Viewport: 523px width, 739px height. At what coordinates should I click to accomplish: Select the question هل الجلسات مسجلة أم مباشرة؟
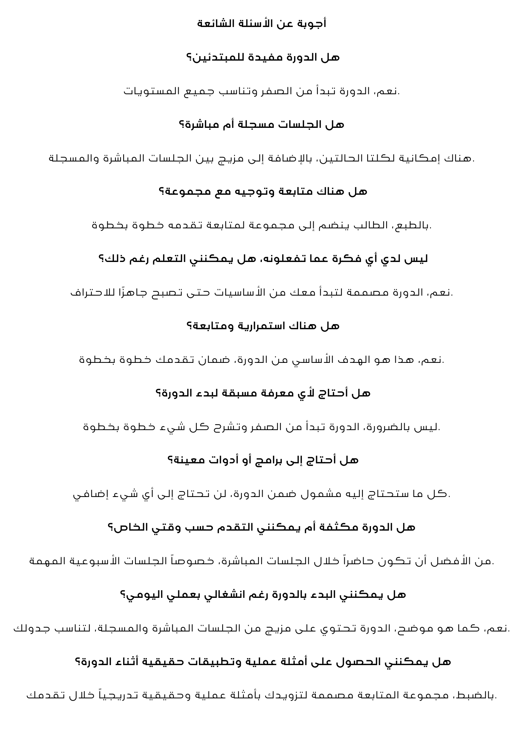click(x=261, y=125)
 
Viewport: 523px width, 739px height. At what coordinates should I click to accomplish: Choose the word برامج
click(x=279, y=461)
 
